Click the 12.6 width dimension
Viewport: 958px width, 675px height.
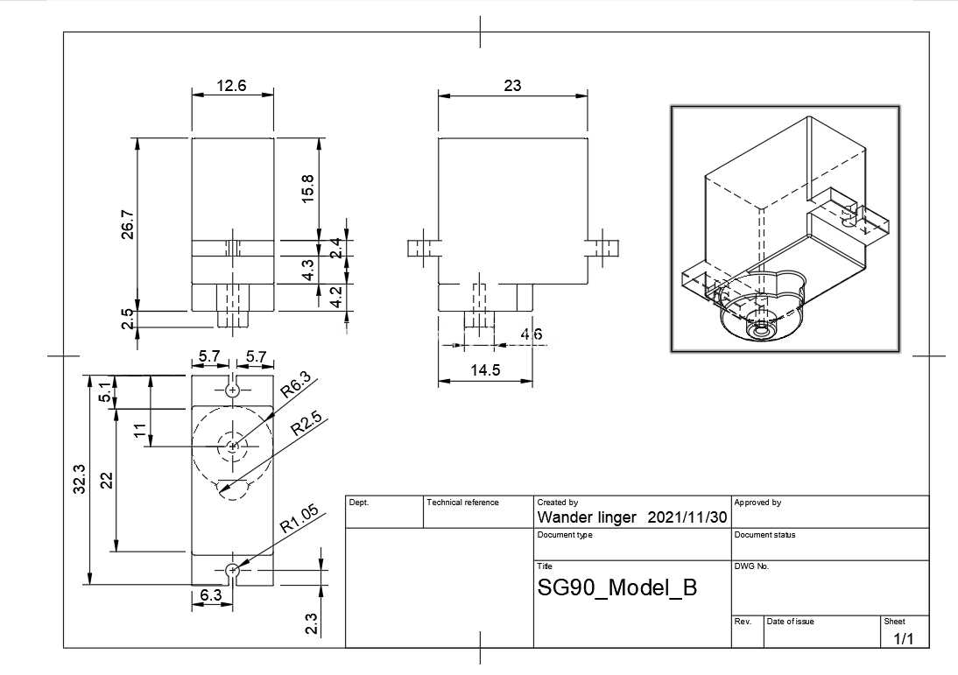231,86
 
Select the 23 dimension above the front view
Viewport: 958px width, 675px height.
512,86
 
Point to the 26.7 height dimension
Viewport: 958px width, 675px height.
128,224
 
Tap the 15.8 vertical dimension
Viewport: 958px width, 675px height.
307,189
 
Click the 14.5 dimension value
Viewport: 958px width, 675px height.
485,370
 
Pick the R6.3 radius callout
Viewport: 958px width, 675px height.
296,385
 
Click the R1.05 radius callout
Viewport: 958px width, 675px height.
299,519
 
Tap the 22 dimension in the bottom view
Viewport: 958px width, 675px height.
107,480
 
